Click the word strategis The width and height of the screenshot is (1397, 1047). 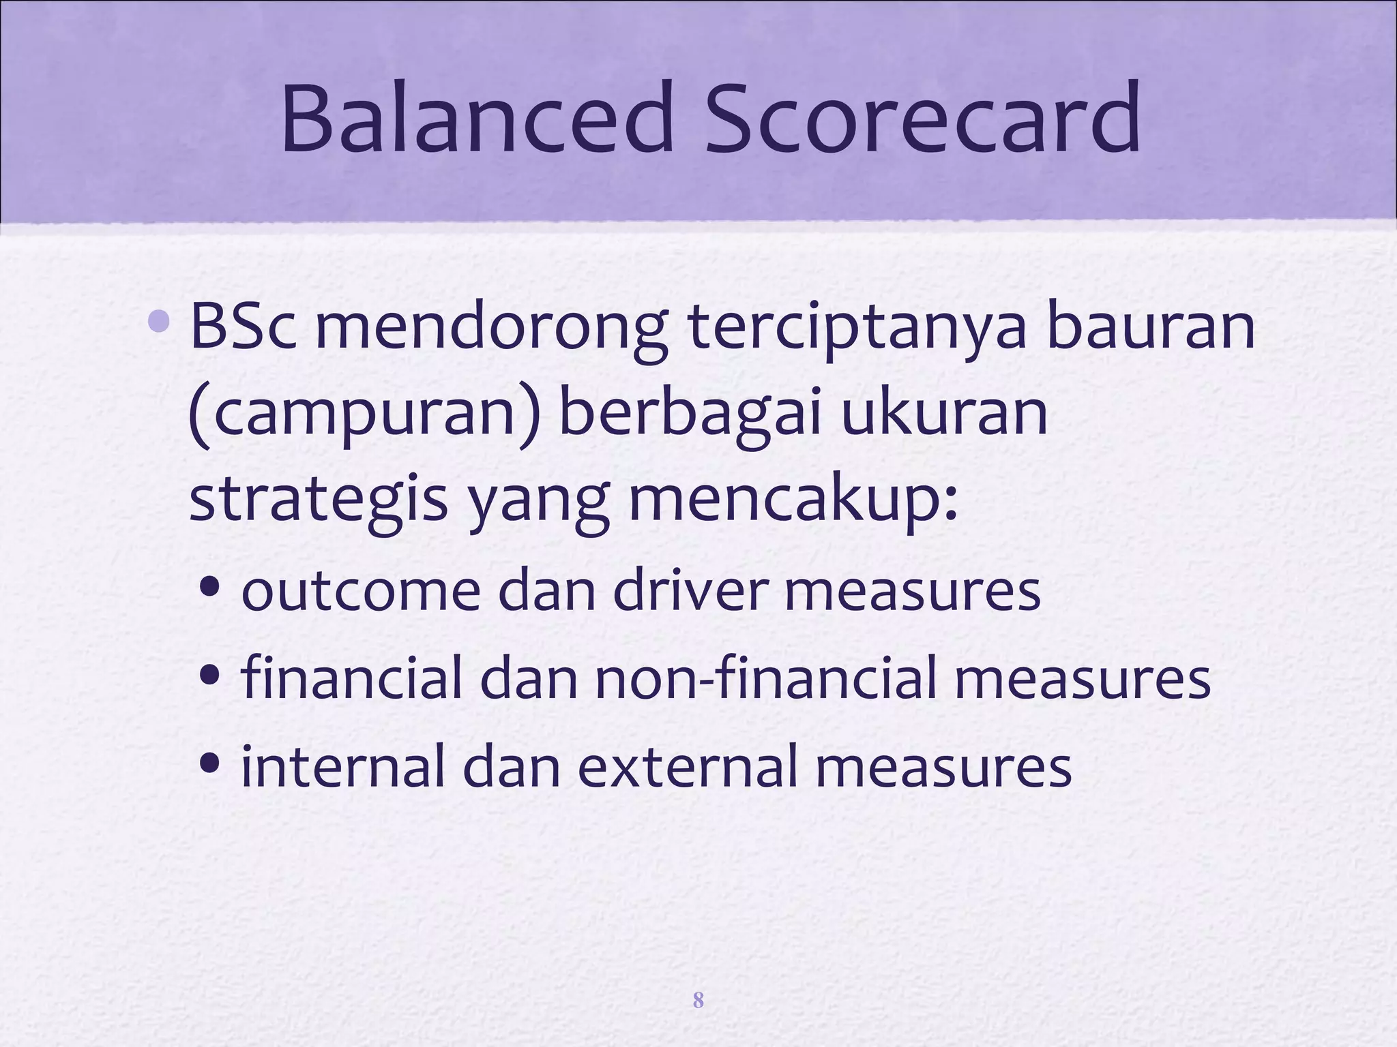click(318, 500)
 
